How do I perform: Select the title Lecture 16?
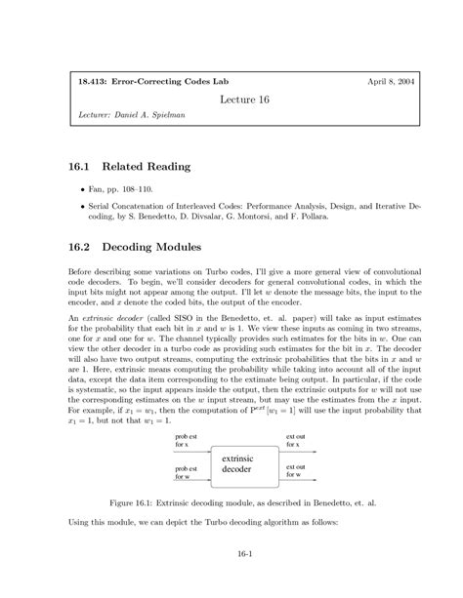pyautogui.click(x=231, y=100)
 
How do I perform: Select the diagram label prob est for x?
pyautogui.click(x=186, y=441)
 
